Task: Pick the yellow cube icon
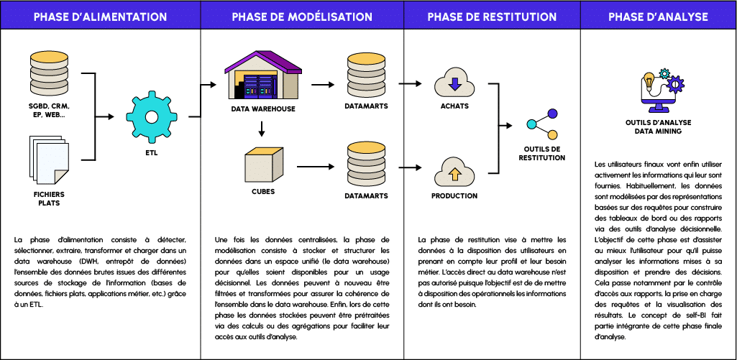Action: pos(262,167)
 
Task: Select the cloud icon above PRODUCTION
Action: pos(454,172)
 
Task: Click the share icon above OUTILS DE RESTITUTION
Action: pos(542,124)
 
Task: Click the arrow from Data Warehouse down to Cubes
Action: pos(262,129)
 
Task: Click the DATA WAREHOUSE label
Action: pos(263,109)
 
